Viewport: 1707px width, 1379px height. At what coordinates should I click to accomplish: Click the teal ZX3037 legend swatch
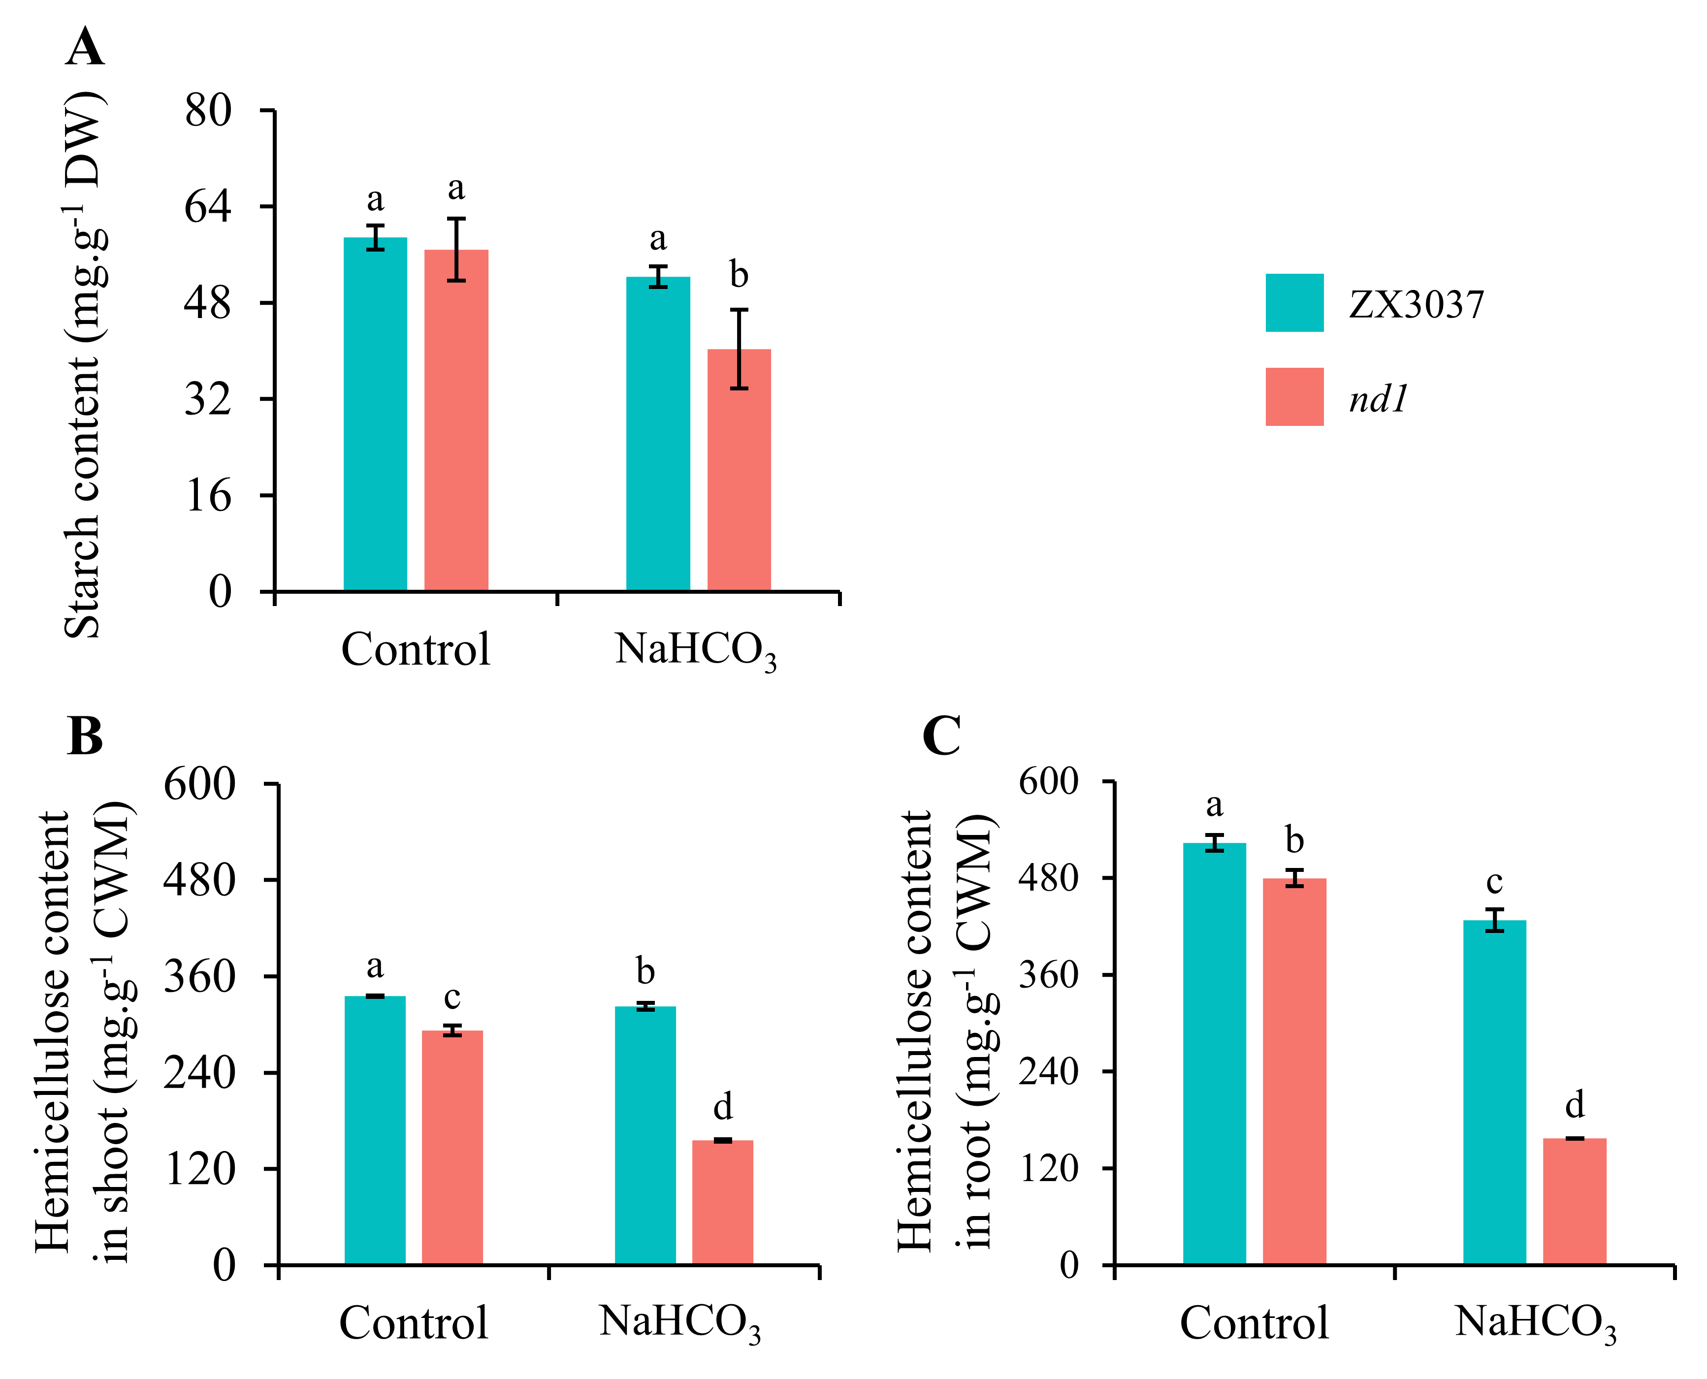[x=1294, y=303]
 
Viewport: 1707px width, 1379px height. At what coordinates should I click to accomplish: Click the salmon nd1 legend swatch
[x=1294, y=396]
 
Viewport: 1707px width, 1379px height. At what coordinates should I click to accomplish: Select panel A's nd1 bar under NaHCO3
[x=739, y=470]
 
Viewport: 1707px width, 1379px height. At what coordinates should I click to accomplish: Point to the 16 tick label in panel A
[x=208, y=496]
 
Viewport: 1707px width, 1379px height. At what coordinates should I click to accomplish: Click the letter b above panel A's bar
[x=739, y=275]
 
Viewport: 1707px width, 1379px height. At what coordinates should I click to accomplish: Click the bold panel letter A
[x=85, y=48]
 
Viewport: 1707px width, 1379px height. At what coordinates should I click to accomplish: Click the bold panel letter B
[x=85, y=737]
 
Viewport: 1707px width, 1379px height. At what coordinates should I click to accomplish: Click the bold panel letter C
[x=942, y=737]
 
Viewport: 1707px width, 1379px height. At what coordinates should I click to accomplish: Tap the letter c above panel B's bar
[x=452, y=997]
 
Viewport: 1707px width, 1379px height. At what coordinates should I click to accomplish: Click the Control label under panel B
[x=413, y=1322]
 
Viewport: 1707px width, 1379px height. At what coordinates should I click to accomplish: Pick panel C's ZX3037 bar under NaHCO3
[x=1494, y=1092]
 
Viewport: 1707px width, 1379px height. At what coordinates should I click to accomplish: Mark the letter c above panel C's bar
[x=1494, y=882]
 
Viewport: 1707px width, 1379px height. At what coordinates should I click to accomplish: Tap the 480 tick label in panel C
[x=1049, y=879]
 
